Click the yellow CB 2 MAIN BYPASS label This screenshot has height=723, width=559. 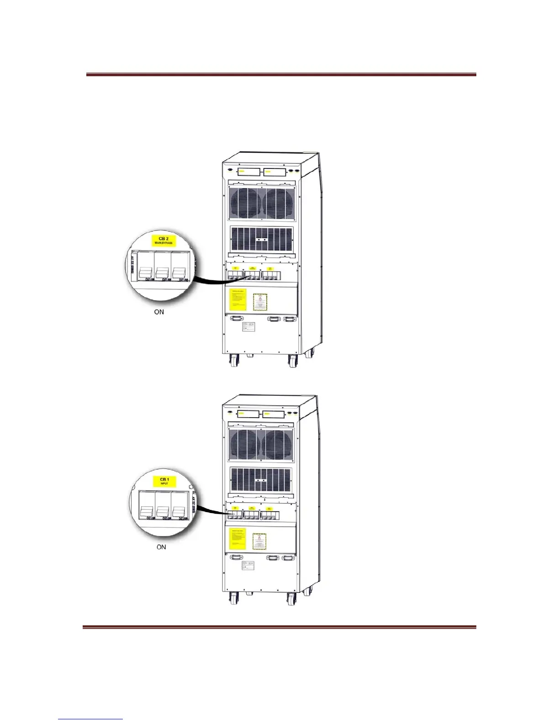click(163, 241)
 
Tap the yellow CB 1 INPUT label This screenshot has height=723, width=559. click(164, 481)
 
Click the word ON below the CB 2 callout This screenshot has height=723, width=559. click(159, 312)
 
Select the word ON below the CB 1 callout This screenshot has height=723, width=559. click(161, 547)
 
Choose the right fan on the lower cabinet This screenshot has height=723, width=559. click(278, 445)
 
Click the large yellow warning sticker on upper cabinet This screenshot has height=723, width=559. click(237, 299)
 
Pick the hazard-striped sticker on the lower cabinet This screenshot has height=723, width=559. click(259, 541)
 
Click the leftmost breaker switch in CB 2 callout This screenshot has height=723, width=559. click(146, 272)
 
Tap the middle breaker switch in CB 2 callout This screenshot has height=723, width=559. click(162, 272)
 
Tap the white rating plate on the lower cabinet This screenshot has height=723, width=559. click(247, 566)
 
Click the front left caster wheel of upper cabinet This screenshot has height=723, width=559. click(234, 361)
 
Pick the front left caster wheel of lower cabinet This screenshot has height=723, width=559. click(234, 598)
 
